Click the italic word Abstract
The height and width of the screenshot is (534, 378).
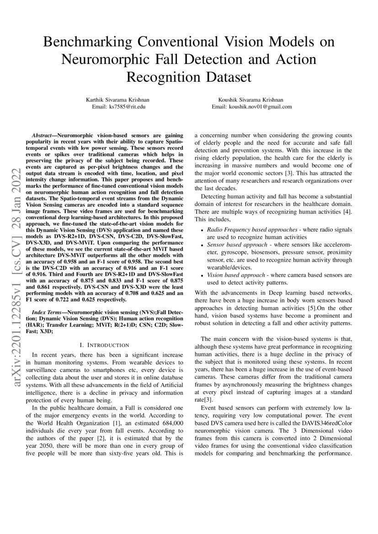[x=44, y=136]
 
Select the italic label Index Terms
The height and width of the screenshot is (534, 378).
[x=47, y=311]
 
